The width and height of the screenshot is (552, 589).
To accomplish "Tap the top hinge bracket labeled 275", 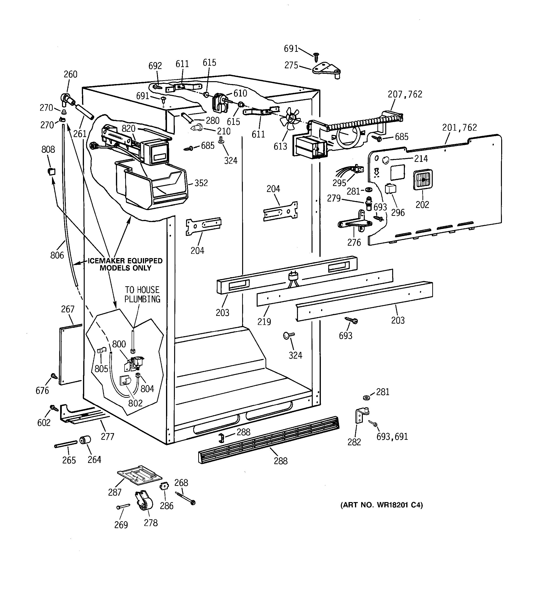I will [326, 70].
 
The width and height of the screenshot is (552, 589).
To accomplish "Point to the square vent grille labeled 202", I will [422, 180].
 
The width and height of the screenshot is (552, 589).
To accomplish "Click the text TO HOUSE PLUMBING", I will [142, 294].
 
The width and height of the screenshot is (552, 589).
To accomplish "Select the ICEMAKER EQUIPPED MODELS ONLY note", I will [125, 264].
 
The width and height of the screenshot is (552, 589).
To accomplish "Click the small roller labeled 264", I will [85, 440].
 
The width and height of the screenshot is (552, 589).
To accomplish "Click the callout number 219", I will [264, 321].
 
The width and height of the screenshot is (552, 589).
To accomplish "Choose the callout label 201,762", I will [459, 128].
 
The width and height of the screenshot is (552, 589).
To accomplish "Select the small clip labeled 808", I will [52, 171].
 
